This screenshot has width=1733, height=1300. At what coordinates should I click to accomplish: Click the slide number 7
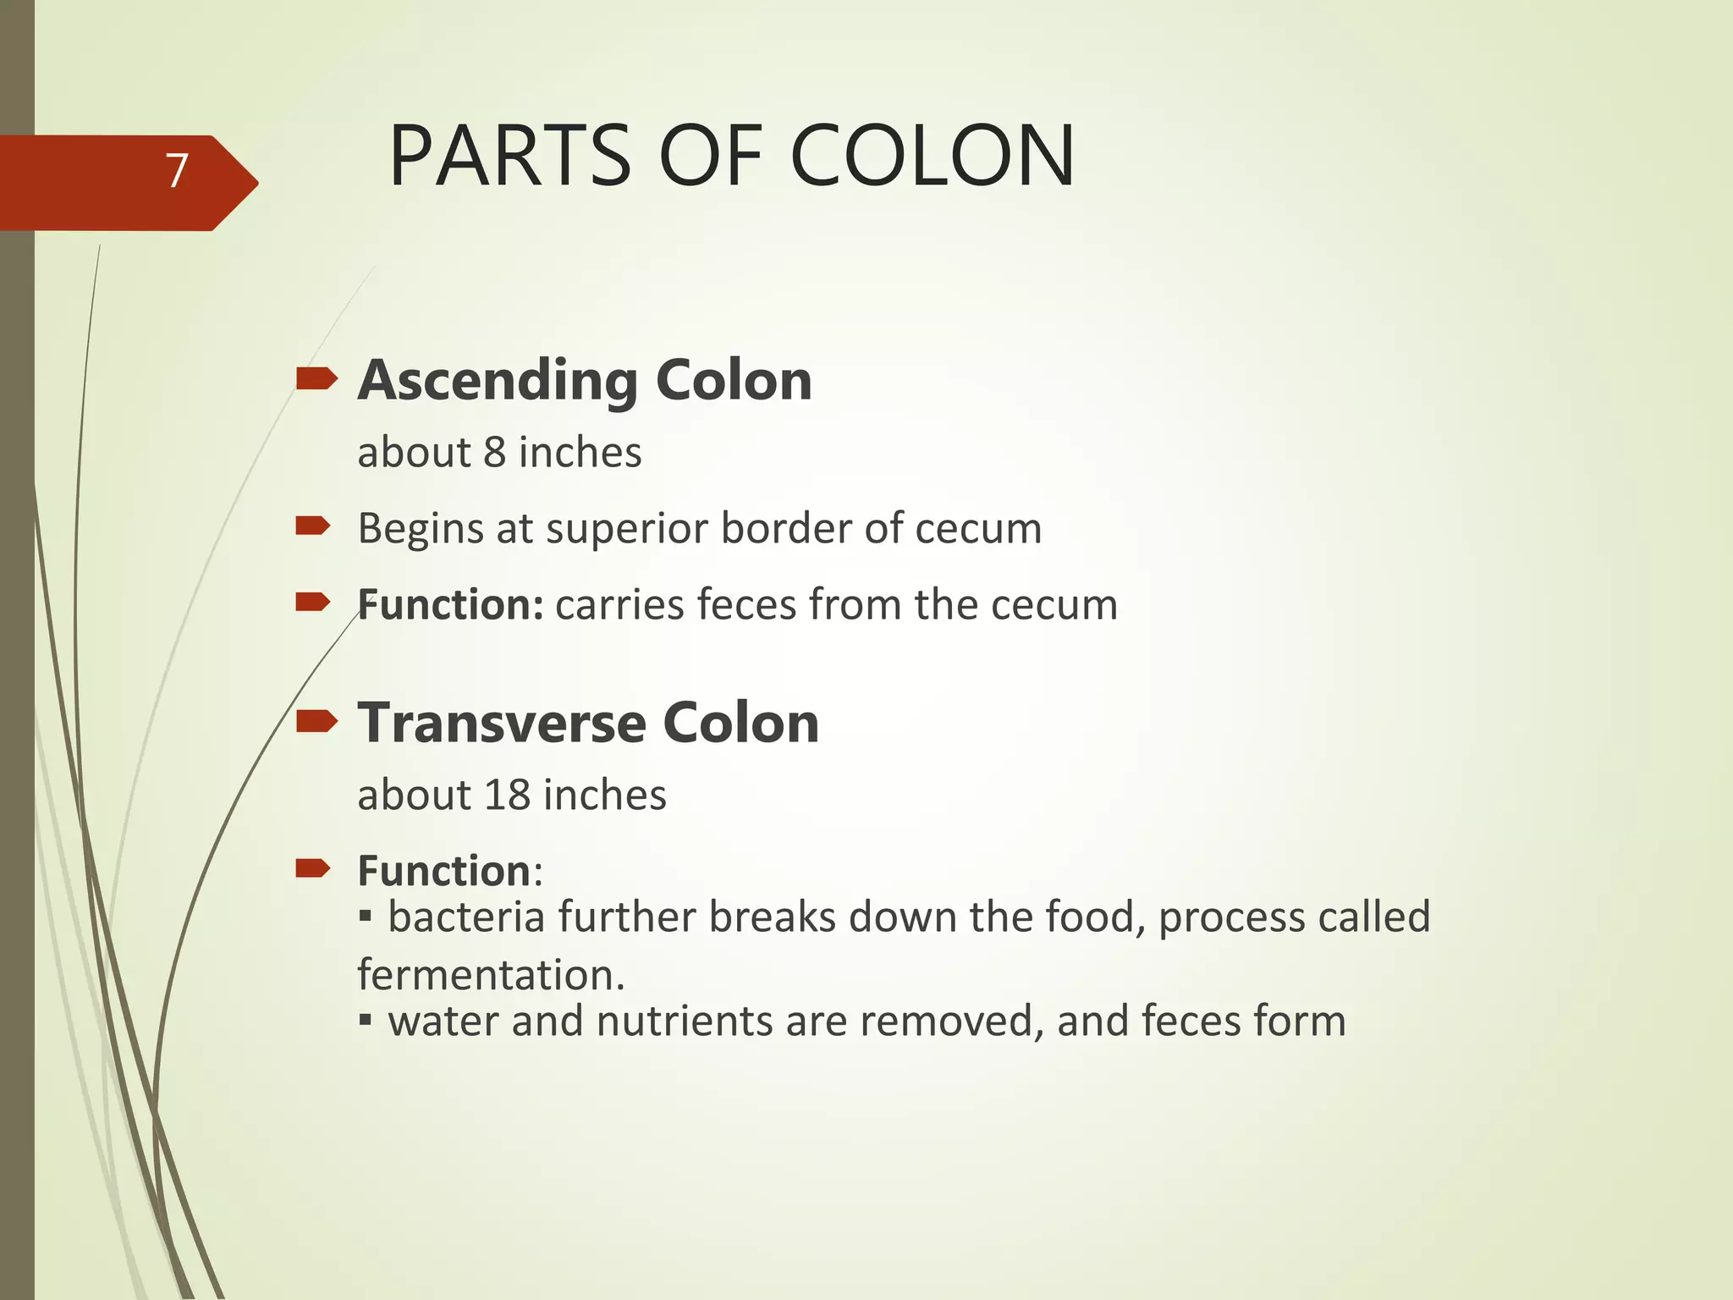tap(176, 172)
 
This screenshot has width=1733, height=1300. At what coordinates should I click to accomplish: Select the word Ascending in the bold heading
tap(498, 381)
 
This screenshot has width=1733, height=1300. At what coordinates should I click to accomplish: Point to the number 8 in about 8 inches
tap(494, 452)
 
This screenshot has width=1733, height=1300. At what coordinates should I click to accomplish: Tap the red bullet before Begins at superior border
tap(312, 526)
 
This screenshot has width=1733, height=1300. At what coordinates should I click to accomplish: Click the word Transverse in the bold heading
tap(503, 723)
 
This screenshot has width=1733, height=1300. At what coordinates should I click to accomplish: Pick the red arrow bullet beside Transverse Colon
tap(316, 721)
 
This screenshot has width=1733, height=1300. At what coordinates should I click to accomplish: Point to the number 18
tap(507, 795)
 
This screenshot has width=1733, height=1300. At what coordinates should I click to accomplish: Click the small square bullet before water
tap(365, 1020)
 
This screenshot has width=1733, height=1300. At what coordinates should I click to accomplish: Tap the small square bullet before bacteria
tap(365, 916)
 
